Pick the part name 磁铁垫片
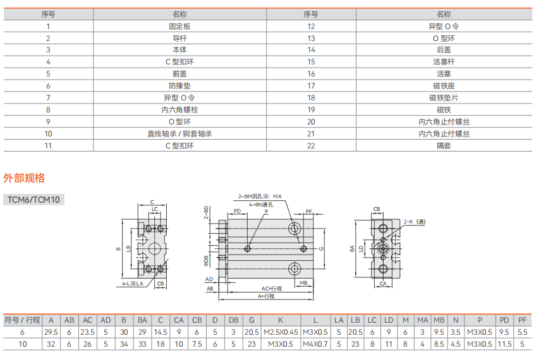coord(444,98)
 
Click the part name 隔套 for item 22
coord(444,146)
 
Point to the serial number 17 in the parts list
coord(311,86)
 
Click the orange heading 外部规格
coord(24,178)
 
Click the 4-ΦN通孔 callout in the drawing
coord(260,205)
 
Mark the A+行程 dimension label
coord(266,296)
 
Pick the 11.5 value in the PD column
coord(504,344)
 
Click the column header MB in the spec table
coord(439,320)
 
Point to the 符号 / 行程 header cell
coord(22,320)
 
